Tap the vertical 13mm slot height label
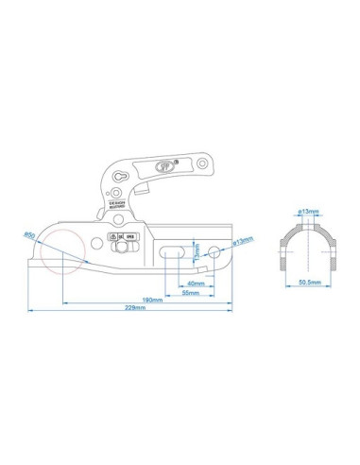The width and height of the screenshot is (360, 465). click(196, 252)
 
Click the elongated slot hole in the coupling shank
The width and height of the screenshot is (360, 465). click(172, 253)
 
